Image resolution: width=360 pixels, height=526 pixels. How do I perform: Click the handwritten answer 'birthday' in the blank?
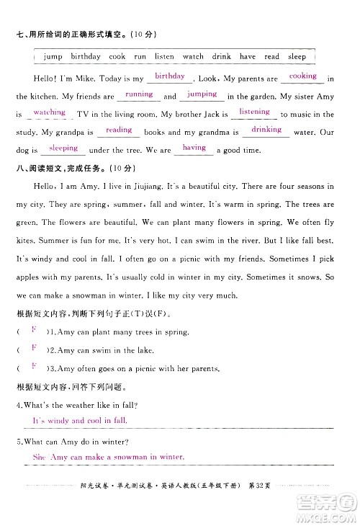[x=170, y=76]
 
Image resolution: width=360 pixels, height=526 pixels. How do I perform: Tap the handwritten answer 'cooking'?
[x=302, y=76]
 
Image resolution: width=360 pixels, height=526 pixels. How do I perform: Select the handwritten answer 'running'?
[x=138, y=94]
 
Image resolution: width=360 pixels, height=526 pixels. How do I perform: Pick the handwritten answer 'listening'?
[x=254, y=112]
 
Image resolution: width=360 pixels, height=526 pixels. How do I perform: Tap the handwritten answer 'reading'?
[x=119, y=130]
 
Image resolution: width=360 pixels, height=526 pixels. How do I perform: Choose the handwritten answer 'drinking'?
[x=266, y=130]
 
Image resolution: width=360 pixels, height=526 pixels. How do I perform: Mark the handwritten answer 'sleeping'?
[x=63, y=148]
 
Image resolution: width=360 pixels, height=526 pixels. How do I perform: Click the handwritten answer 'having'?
[x=194, y=148]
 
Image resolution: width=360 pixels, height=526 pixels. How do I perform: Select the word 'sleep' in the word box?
[x=297, y=56]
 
